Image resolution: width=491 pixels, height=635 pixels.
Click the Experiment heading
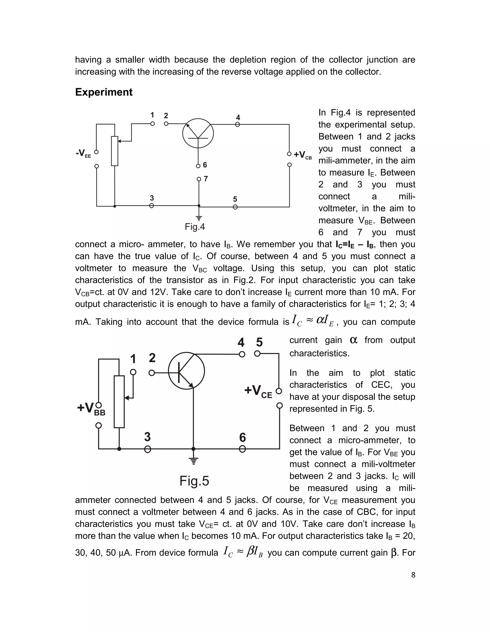click(104, 92)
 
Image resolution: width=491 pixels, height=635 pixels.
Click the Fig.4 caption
click(195, 226)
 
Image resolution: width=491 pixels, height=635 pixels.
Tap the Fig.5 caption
click(194, 481)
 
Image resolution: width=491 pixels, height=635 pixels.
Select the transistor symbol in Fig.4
click(198, 134)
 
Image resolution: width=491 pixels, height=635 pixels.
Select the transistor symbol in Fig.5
click(187, 371)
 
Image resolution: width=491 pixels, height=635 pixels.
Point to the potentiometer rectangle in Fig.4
click(115, 151)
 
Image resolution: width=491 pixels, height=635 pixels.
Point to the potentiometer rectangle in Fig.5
click(119, 402)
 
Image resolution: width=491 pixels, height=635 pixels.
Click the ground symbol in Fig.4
click(199, 218)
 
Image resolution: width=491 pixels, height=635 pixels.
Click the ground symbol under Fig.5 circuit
click(193, 461)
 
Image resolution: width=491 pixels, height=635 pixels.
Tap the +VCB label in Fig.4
click(303, 155)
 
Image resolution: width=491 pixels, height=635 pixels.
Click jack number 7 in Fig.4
click(199, 179)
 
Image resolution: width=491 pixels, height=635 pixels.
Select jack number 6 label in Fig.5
click(242, 438)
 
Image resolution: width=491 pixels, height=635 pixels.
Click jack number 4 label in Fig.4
click(238, 117)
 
